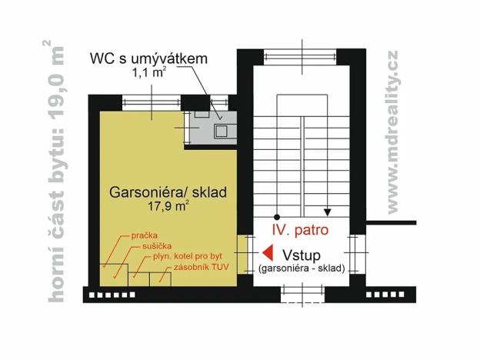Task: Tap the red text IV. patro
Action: [303, 230]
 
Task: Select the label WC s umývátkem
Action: [148, 59]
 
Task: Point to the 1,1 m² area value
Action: [148, 74]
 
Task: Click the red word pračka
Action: [145, 232]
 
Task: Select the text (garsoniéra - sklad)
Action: [301, 268]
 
